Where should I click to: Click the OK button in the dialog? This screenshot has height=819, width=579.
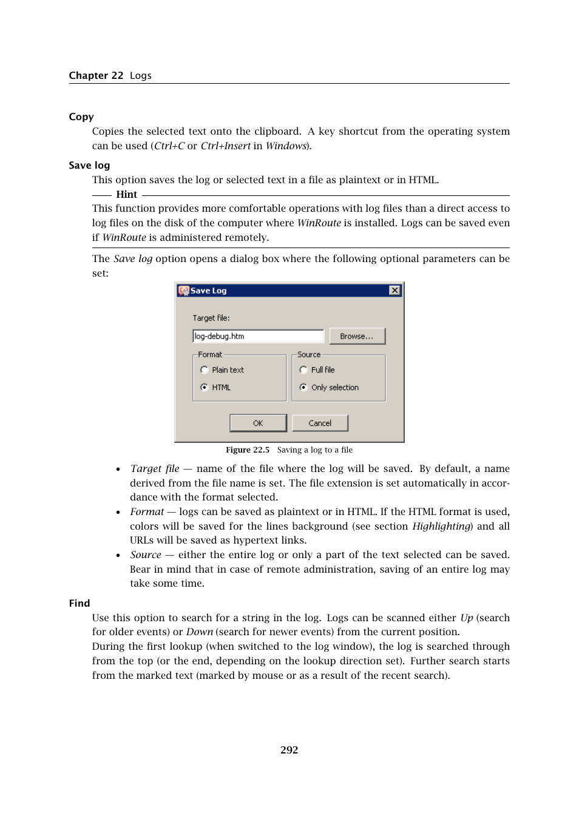[258, 423]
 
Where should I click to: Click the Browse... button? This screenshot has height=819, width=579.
[357, 336]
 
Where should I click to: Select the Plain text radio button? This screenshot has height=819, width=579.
[205, 370]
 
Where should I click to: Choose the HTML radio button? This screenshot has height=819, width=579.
[205, 387]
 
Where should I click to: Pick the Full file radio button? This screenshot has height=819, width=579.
[303, 370]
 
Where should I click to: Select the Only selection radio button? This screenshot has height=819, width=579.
[303, 387]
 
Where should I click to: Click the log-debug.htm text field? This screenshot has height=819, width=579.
[258, 336]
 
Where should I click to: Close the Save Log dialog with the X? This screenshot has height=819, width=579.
[394, 291]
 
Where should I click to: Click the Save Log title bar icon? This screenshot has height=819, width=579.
[183, 291]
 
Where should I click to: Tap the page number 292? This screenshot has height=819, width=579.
[289, 750]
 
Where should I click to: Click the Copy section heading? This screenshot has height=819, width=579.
[81, 117]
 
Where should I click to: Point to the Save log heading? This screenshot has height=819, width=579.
[89, 166]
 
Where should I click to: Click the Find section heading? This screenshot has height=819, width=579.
[80, 603]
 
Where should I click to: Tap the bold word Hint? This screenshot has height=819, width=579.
[126, 195]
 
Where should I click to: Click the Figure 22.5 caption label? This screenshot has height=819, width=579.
[248, 450]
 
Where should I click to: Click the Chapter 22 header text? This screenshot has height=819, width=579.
[96, 76]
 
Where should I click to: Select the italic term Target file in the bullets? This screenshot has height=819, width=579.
[154, 468]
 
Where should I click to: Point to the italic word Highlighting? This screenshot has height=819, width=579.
[441, 526]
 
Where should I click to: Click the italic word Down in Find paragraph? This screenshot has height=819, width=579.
[199, 632]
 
